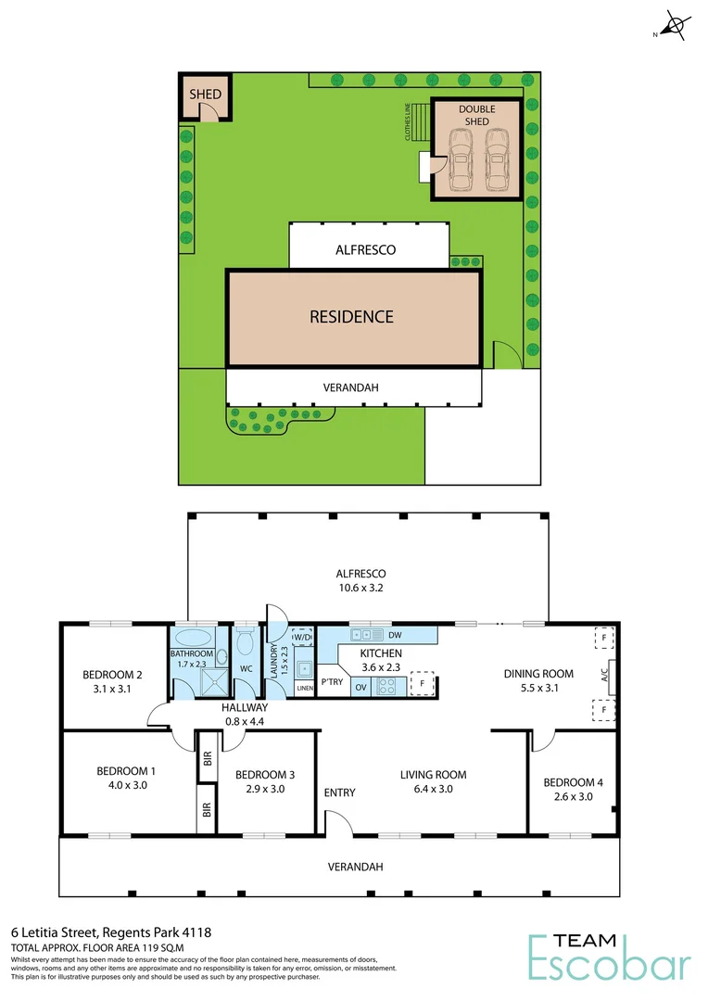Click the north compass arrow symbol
[676, 25]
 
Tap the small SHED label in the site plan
[204, 95]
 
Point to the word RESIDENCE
[351, 317]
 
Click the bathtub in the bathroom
[192, 639]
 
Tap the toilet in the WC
[246, 641]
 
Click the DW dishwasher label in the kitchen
[395, 635]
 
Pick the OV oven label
[361, 687]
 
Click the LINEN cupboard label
[304, 689]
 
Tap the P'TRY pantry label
[332, 681]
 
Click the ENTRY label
[339, 792]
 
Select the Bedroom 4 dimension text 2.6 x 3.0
[573, 796]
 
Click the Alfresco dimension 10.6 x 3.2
[368, 588]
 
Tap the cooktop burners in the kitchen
[387, 687]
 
